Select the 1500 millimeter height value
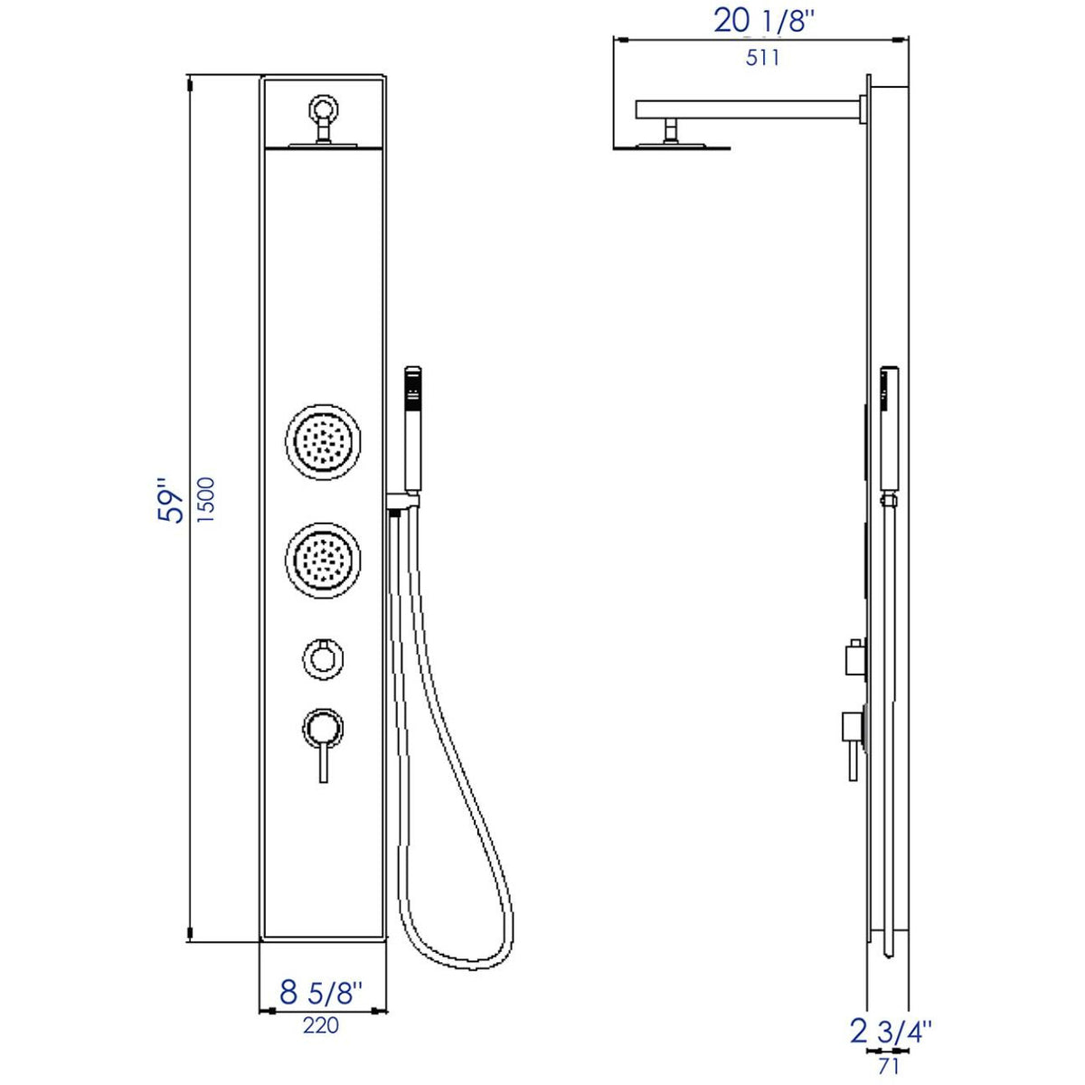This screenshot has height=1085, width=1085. (206, 501)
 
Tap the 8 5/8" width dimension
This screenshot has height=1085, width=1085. (320, 992)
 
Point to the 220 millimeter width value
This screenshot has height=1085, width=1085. (320, 1025)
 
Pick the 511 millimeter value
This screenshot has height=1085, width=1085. (762, 58)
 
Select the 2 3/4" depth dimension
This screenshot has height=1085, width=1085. (890, 1030)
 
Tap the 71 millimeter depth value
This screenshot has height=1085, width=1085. (888, 1065)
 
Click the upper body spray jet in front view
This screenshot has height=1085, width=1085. (324, 440)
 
